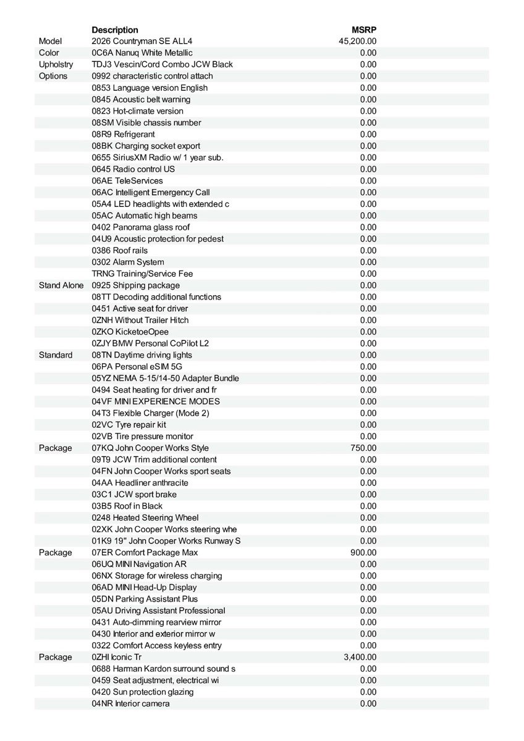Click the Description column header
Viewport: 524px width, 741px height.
115,30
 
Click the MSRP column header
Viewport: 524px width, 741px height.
364,30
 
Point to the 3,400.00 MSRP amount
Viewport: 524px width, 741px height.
360,657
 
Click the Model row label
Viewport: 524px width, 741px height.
51,41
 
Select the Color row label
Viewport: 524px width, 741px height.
49,53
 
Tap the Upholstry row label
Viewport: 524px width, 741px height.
56,64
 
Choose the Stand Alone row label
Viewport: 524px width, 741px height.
61,285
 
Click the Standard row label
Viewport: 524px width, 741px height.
56,355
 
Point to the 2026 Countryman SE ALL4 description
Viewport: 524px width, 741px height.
146,41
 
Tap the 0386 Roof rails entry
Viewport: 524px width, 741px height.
120,251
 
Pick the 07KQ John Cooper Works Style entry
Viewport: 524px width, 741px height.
150,448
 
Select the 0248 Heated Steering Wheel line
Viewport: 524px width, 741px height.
145,517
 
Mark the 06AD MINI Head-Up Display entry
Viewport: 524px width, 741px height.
144,587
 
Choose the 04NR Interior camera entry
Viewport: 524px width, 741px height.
131,703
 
